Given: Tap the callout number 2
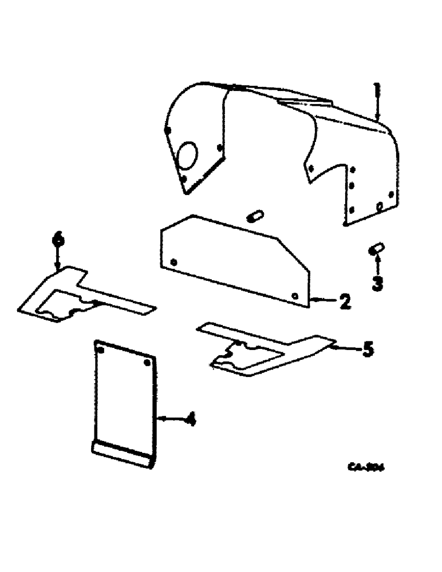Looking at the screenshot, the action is (x=344, y=301).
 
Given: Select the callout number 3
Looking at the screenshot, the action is (x=377, y=283).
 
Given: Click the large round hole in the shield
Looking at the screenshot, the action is (x=186, y=155).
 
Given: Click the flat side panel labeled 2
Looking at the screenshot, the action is (x=235, y=257).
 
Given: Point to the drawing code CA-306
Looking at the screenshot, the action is (x=366, y=467).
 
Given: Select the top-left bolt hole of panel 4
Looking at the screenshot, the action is (x=101, y=349).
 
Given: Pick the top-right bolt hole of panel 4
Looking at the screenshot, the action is (x=148, y=363).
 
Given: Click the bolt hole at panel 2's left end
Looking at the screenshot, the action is (x=174, y=262).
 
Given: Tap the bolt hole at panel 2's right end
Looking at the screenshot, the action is (x=294, y=296).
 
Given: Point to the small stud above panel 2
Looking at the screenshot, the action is (x=255, y=216).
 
